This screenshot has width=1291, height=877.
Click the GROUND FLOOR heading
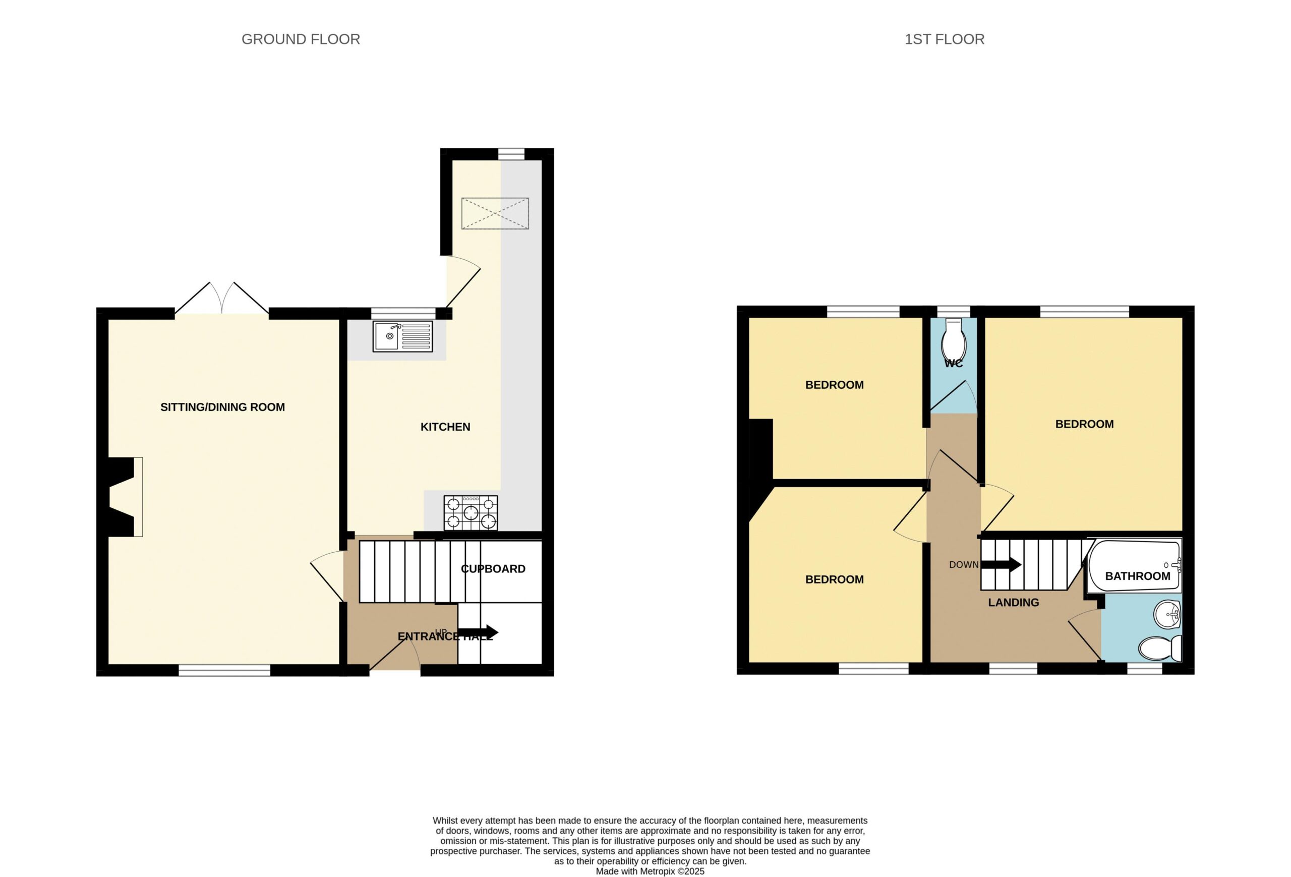coord(301,39)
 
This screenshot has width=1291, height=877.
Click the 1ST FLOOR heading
coord(945,39)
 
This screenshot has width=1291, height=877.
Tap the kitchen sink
coord(403,336)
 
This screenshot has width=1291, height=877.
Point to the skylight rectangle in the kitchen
coord(495,213)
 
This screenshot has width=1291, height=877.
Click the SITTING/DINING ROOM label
coord(223,407)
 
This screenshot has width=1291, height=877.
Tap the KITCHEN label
coord(445,427)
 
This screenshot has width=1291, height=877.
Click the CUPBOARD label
coord(493,569)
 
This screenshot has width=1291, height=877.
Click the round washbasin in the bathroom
coord(1167,614)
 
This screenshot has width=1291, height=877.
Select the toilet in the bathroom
coord(1160,648)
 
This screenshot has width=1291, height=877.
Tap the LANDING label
coord(1013,603)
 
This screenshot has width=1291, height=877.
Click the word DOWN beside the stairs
coord(964,565)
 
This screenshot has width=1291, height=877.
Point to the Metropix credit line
coord(650,871)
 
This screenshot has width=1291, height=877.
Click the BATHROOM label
coord(1138,576)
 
